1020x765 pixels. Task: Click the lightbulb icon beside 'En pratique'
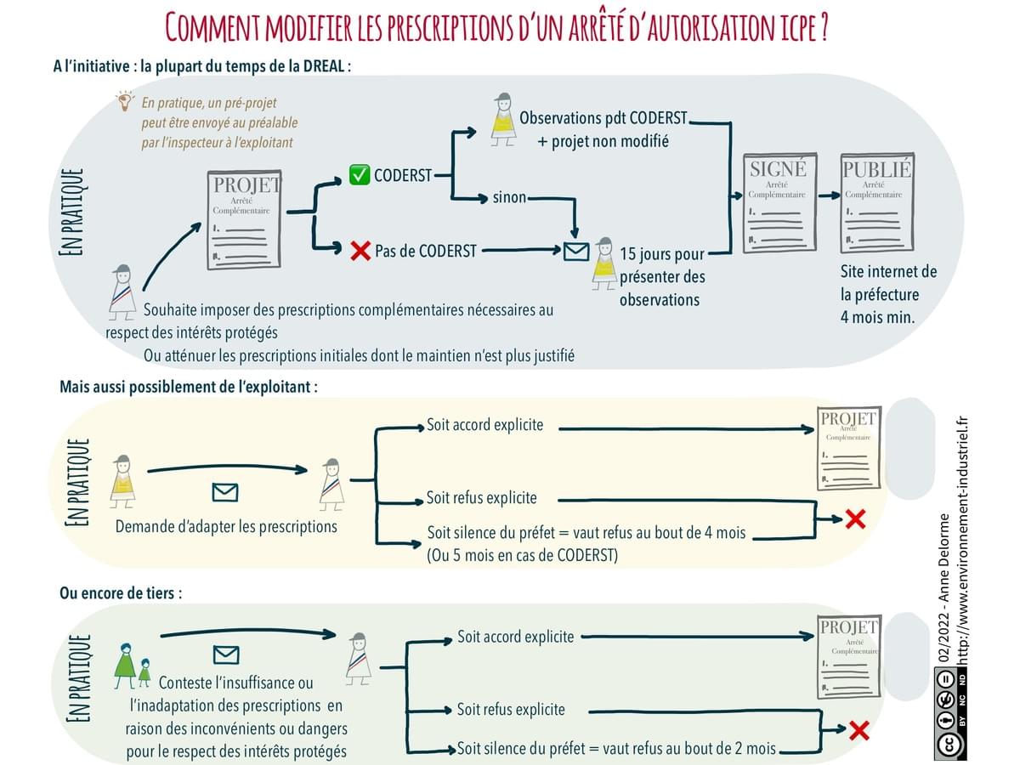[x=126, y=102]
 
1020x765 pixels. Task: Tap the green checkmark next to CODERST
[x=359, y=175]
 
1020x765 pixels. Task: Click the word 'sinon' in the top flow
[x=509, y=198]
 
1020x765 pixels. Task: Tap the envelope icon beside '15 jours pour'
[x=575, y=251]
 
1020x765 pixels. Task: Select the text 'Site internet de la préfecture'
[x=888, y=284]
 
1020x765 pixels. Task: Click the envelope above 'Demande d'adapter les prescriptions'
[x=224, y=492]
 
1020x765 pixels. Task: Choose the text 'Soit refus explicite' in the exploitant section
[x=482, y=498]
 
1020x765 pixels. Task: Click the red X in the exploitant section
[x=855, y=518]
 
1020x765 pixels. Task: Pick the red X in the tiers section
[x=858, y=729]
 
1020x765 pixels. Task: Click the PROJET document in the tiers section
[x=847, y=654]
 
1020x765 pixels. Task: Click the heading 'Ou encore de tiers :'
[x=120, y=593]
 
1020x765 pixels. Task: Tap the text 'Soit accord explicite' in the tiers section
[x=515, y=637]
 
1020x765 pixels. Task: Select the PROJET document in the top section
[x=246, y=219]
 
